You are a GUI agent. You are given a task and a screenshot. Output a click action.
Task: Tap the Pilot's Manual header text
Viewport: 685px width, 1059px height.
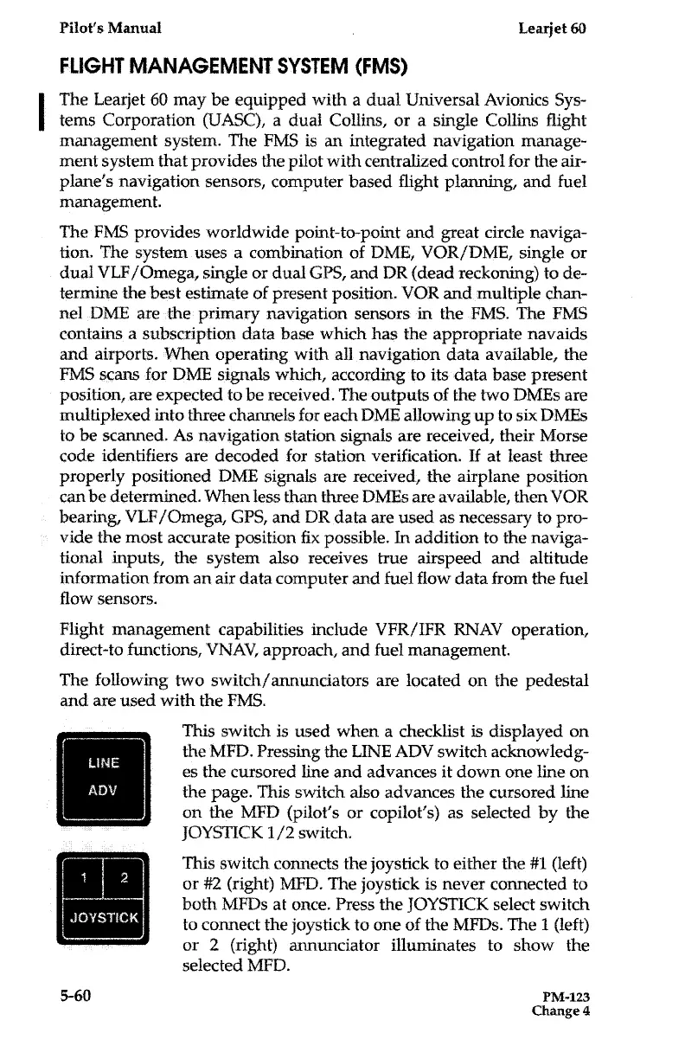click(96, 27)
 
